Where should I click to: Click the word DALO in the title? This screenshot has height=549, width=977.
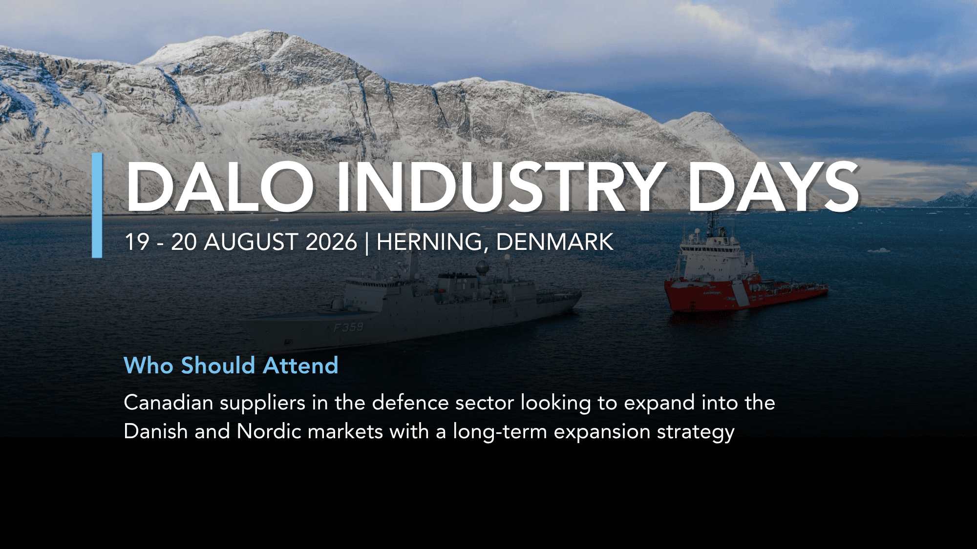tap(220, 187)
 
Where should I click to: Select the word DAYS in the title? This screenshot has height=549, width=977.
tap(773, 187)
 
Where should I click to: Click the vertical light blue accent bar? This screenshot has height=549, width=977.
tap(97, 205)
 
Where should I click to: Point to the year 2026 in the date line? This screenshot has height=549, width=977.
tap(331, 242)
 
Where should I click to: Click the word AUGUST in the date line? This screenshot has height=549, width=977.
tap(251, 242)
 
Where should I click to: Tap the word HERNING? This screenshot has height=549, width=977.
tap(432, 243)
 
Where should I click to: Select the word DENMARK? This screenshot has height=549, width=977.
tap(555, 242)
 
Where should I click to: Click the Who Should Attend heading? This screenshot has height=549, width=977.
tap(231, 366)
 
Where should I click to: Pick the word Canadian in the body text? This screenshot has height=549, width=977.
tap(169, 403)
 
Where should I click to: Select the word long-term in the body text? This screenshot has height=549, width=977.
tap(500, 433)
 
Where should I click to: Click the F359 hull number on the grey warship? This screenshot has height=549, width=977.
tap(349, 327)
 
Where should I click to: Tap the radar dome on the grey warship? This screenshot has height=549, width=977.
tap(482, 266)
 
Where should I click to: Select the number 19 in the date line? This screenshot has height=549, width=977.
tap(137, 242)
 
